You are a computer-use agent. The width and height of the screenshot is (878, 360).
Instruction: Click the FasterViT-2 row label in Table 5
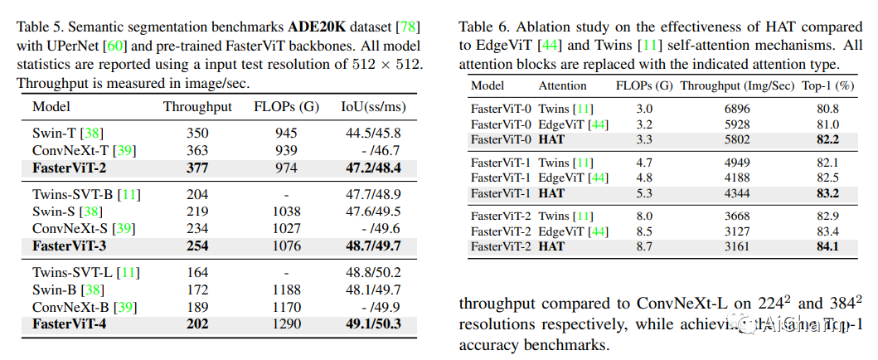coord(70,167)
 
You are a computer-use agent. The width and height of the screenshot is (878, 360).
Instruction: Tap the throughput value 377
coord(197,167)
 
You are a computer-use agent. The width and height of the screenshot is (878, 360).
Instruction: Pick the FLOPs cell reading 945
coord(286,133)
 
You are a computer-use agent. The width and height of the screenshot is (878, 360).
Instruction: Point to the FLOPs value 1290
coord(286,324)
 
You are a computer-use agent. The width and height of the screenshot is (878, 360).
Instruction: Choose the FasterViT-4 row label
coord(70,324)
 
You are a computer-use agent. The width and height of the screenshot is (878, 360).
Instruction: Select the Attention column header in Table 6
coord(562,85)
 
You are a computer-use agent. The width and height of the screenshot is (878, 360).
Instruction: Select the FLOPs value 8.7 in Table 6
coord(644,246)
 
